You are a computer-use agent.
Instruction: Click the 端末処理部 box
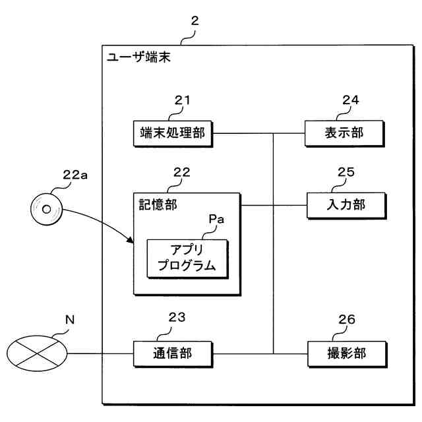pos(173,134)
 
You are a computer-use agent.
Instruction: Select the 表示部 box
pos(344,134)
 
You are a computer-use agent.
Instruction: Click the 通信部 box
pos(172,353)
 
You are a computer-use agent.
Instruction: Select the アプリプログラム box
pos(188,258)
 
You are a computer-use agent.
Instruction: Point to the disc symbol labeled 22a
pos(47,210)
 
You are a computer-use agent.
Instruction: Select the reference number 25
pos(346,173)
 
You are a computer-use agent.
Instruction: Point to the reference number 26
pos(347,320)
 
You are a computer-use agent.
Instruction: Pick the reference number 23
pos(177,318)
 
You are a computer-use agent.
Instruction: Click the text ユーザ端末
pos(138,57)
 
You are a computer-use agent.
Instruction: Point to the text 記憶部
pos(155,204)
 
